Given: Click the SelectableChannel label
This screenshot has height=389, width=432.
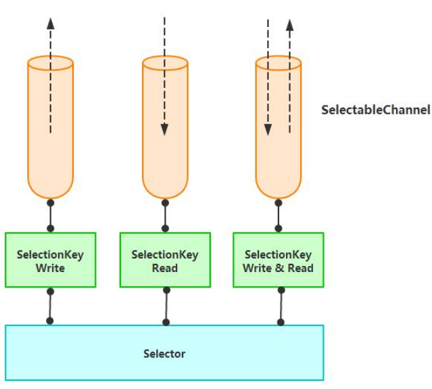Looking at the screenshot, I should point(376,110).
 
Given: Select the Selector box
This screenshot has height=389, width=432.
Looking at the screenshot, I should point(164,352).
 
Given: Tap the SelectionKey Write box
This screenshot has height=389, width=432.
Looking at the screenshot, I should point(50,260).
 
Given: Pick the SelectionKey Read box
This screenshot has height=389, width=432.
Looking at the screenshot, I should point(164,260).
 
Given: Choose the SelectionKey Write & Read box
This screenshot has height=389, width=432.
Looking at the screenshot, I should point(278,260).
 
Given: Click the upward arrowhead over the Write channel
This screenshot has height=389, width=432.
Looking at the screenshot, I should point(50,22).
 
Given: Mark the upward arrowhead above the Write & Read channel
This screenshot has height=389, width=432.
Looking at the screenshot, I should point(289,26).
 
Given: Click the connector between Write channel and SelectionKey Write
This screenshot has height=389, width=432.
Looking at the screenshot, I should point(50,215).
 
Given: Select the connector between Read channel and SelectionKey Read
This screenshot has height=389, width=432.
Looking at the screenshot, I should point(165,215).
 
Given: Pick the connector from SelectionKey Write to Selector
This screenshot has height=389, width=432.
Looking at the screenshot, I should point(49,306).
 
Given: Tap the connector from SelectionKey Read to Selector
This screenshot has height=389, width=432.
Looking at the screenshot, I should point(165,306).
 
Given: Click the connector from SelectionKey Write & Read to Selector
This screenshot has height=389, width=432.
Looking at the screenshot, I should point(281,306).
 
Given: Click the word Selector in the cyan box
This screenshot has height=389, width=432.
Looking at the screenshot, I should point(164,354).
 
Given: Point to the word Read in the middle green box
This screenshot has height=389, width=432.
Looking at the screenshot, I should point(164,268).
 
